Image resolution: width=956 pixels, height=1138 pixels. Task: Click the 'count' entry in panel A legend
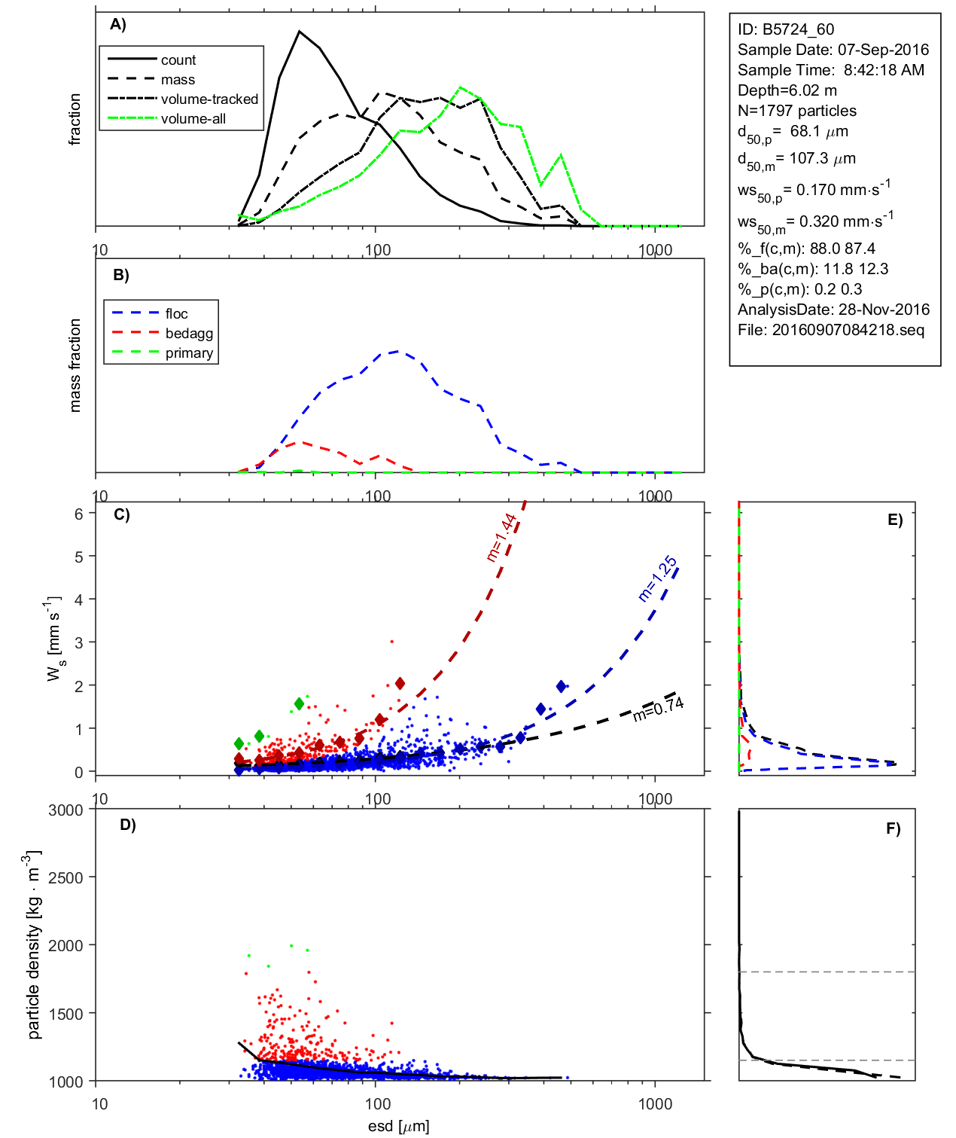coord(178,60)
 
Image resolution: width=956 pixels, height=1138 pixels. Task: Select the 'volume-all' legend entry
coord(193,119)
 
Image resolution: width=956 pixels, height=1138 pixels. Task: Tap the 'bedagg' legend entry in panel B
coord(189,334)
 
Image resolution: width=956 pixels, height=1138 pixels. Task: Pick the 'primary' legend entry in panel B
coord(189,353)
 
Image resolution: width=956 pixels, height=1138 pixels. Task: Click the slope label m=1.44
coord(501,538)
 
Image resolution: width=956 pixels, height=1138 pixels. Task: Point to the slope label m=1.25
coord(658,578)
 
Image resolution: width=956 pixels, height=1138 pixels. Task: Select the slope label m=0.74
coord(659,709)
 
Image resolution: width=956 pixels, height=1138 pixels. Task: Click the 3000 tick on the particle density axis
coord(65,810)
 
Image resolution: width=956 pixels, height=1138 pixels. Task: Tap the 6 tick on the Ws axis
coord(78,514)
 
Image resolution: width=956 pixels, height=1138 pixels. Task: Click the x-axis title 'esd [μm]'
coord(399,1126)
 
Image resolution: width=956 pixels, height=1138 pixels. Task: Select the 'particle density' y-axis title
coord(34,945)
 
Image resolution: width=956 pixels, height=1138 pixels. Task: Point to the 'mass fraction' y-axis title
coord(75,365)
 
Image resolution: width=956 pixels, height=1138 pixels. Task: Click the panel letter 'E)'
coord(894,520)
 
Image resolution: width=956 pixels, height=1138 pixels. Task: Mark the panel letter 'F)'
coord(893,828)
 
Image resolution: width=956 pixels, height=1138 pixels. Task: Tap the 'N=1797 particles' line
coord(796,111)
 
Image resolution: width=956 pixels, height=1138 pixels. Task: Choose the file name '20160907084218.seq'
coord(848,330)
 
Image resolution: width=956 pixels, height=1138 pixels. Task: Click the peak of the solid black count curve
coord(300,32)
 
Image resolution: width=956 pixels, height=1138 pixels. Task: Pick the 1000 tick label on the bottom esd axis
coord(655,1104)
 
